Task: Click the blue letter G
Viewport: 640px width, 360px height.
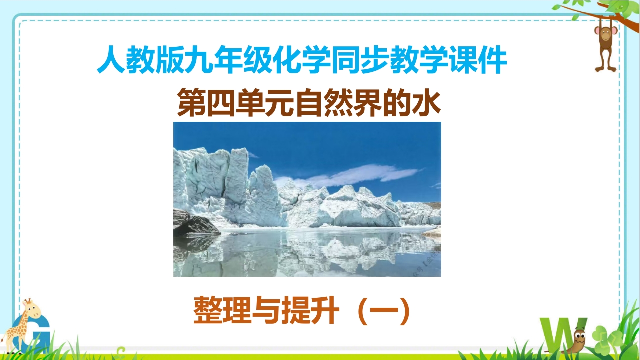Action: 31,334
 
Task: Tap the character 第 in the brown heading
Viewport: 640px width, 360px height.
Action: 191,102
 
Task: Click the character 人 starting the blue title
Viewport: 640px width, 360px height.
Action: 111,60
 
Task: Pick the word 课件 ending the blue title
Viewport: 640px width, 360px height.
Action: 477,60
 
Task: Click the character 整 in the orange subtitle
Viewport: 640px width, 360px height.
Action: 208,310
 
